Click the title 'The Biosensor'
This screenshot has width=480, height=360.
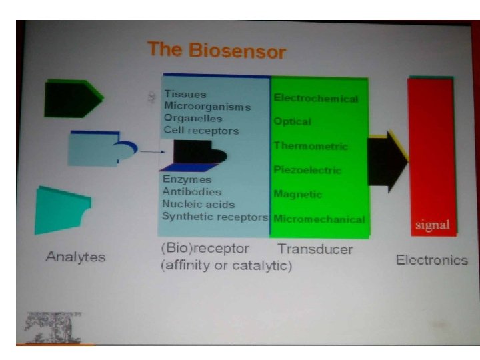(217, 51)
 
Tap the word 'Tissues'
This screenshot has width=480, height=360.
(185, 95)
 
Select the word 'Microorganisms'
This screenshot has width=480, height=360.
(207, 107)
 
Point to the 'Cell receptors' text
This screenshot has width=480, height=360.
(201, 131)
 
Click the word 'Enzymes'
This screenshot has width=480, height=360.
(187, 180)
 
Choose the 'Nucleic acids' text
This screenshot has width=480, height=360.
(199, 204)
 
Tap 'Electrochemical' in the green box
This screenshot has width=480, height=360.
(316, 99)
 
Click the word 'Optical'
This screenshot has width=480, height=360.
(293, 122)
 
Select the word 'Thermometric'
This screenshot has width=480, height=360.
(311, 146)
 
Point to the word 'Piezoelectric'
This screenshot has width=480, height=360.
(307, 170)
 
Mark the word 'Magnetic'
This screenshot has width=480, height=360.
(297, 195)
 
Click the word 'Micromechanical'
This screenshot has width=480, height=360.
(319, 219)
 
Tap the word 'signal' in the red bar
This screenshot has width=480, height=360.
(432, 225)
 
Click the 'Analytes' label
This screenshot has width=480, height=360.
(75, 257)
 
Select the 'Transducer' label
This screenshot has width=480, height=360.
(315, 250)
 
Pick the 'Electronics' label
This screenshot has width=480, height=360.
(431, 260)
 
